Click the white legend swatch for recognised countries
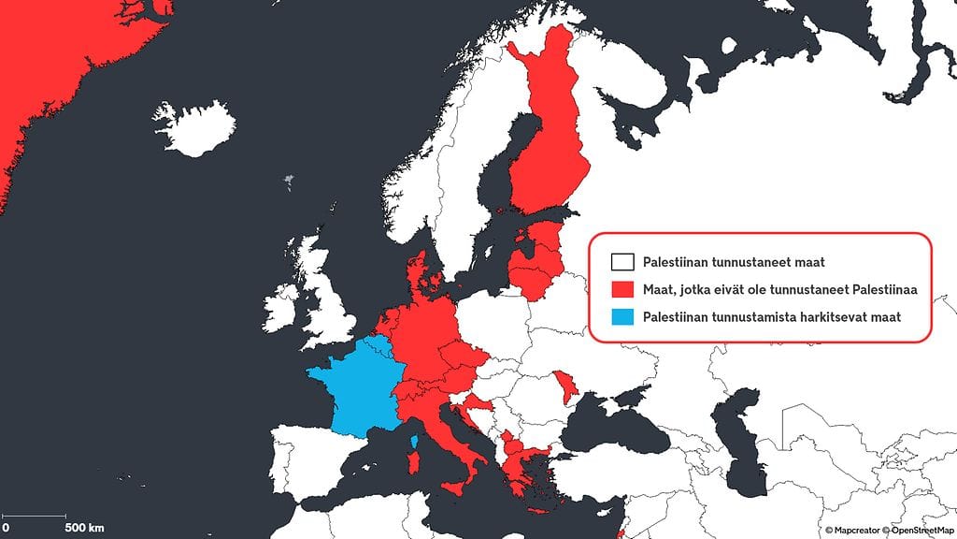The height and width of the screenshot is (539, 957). (621, 262)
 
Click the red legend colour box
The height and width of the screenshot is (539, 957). (621, 289)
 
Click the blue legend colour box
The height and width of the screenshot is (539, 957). (621, 317)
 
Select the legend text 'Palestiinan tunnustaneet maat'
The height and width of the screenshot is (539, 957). (733, 262)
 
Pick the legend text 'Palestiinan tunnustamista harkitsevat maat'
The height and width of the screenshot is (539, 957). (772, 317)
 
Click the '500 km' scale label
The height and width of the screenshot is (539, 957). (84, 528)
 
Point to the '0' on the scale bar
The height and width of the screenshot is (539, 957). (6, 528)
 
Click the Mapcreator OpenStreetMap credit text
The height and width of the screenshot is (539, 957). (887, 530)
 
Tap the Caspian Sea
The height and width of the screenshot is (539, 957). (738, 440)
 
